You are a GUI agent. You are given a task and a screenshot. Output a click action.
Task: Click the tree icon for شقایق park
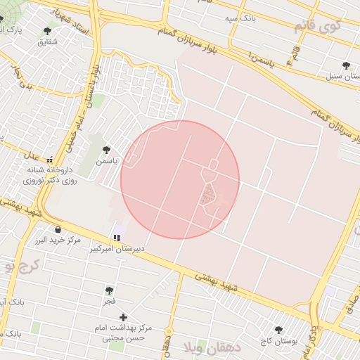pyautogui.click(x=47, y=31)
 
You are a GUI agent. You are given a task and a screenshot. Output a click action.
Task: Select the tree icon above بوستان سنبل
pyautogui.click(x=345, y=65)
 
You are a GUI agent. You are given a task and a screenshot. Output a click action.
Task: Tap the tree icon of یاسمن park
pyautogui.click(x=106, y=149)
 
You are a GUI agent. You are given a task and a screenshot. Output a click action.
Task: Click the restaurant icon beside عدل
pyautogui.click(x=49, y=158)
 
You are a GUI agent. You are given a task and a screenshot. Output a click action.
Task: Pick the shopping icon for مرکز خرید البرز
pyautogui.click(x=58, y=229)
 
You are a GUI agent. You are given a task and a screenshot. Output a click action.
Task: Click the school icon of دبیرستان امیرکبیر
pyautogui.click(x=117, y=238)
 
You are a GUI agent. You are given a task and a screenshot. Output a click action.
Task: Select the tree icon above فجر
pyautogui.click(x=109, y=290)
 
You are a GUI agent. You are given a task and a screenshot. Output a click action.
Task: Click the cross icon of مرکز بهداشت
pyautogui.click(x=123, y=317)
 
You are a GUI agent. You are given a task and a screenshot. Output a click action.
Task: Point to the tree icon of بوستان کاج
pyautogui.click(x=278, y=330)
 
